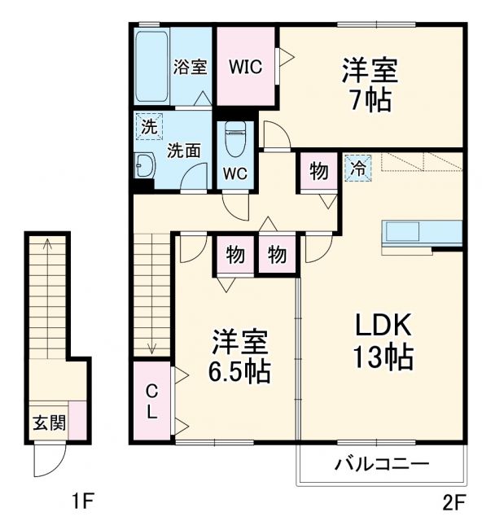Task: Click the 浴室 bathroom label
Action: (191, 67)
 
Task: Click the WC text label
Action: (235, 173)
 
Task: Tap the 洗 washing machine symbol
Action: (148, 126)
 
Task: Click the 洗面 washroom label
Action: (184, 151)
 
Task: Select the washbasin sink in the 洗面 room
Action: (145, 165)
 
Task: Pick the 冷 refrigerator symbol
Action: (357, 169)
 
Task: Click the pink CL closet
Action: (151, 401)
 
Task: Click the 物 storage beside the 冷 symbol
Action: (318, 172)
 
